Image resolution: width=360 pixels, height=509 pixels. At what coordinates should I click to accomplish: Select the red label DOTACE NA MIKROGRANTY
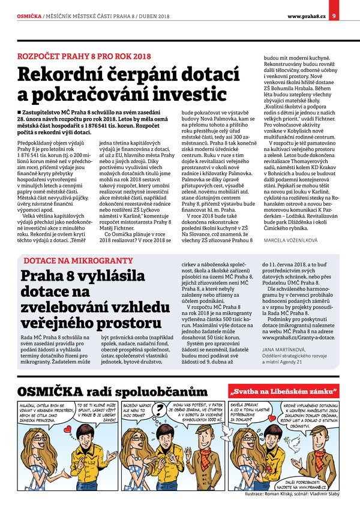click(x=78, y=261)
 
